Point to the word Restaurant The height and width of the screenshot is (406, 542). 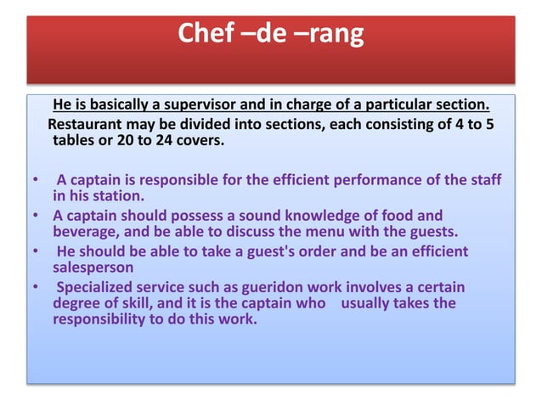coord(87,124)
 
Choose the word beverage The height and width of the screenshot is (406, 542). coord(83,231)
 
